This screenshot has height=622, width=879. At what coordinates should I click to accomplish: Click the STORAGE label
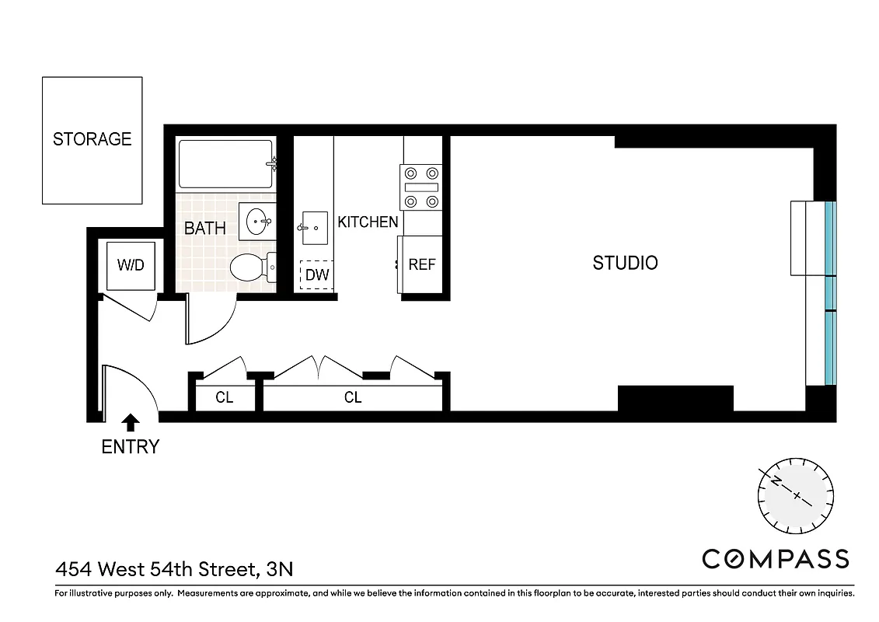(92, 139)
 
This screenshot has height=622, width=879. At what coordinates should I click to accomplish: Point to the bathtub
(225, 164)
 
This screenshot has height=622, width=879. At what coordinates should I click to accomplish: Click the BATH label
(205, 229)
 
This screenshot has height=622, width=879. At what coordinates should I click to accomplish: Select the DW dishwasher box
(317, 274)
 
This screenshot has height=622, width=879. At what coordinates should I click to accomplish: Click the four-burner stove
(420, 187)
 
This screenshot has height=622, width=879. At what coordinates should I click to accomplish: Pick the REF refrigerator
(422, 264)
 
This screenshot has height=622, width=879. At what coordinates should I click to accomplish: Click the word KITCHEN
(368, 222)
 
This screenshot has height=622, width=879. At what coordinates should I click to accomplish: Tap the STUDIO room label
(625, 263)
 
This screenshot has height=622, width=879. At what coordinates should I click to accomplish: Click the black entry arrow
(131, 422)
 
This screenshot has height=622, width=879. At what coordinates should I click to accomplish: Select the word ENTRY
(131, 447)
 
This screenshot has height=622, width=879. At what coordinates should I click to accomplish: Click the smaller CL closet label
(225, 398)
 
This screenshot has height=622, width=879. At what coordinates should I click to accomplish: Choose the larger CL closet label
(353, 398)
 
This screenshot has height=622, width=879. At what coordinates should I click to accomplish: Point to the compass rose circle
(795, 494)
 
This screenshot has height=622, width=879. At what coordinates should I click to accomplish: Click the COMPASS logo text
(775, 559)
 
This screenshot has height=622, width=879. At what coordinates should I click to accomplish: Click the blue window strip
(829, 293)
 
